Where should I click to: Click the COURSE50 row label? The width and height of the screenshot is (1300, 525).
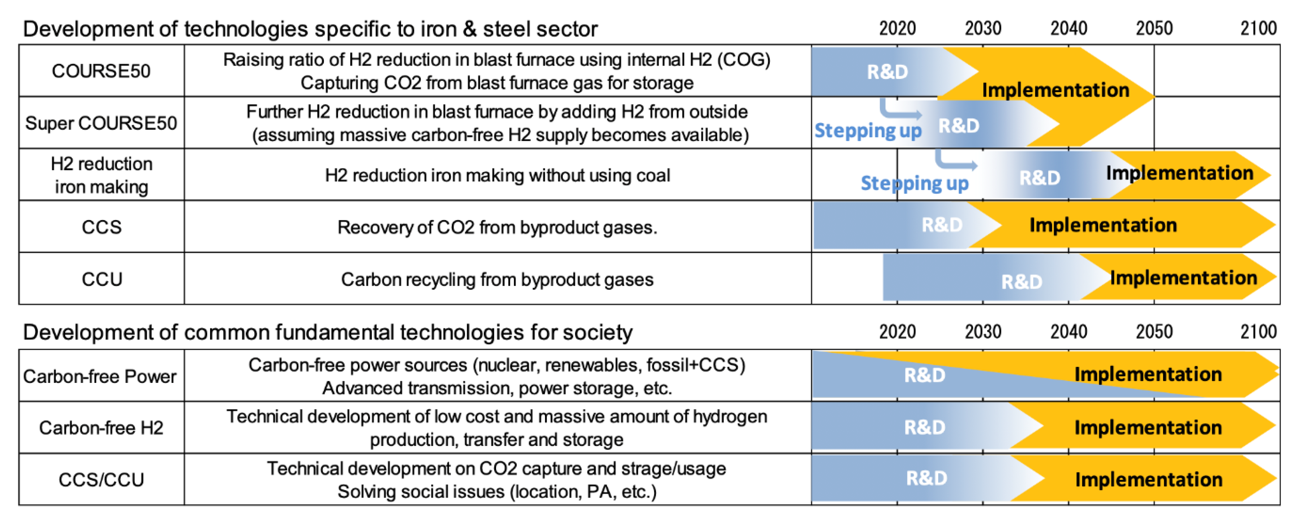point(101,71)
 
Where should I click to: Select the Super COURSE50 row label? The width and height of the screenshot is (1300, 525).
point(101,123)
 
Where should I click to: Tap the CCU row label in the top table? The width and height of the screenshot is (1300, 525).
point(102,279)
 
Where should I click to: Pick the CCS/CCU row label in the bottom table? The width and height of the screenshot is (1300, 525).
point(101,479)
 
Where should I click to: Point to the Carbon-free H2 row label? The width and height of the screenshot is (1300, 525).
point(101,428)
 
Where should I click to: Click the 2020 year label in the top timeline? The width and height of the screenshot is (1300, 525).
point(897,28)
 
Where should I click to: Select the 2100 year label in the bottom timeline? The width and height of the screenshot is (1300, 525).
point(1258,331)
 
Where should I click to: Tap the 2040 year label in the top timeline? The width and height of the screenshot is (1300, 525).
point(1068,28)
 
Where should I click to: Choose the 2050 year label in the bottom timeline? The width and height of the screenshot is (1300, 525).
point(1154,331)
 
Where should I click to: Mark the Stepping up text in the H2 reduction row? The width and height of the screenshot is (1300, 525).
point(914,183)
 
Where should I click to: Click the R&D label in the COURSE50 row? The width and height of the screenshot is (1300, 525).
point(887,72)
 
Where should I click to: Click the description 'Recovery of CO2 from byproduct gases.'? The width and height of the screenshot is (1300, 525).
point(497,228)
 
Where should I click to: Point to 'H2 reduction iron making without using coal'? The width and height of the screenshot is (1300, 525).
point(497,175)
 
